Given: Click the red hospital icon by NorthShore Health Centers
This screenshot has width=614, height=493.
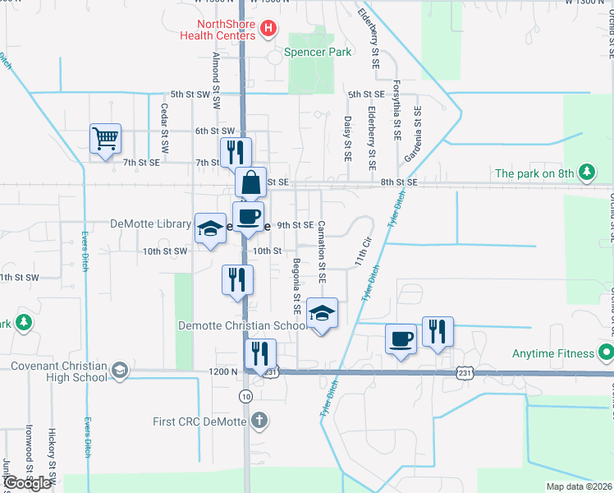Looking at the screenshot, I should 268,30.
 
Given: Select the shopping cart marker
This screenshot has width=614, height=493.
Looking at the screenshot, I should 105,139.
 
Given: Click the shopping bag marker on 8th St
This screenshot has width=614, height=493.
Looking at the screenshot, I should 251,182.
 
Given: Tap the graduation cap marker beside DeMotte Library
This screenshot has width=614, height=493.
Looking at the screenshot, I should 209,228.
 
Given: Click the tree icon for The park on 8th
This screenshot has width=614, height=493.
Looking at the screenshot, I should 586,173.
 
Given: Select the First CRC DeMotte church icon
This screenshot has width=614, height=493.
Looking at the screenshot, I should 259,422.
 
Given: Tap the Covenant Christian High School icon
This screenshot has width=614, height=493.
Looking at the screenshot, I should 121,371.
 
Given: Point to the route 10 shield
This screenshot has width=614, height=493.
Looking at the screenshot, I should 246,397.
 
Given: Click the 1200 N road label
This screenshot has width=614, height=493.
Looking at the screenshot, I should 223,371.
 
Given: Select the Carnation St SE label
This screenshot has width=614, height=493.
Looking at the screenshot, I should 322,251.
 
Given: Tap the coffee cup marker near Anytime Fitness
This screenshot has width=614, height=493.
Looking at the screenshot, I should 401,339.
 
